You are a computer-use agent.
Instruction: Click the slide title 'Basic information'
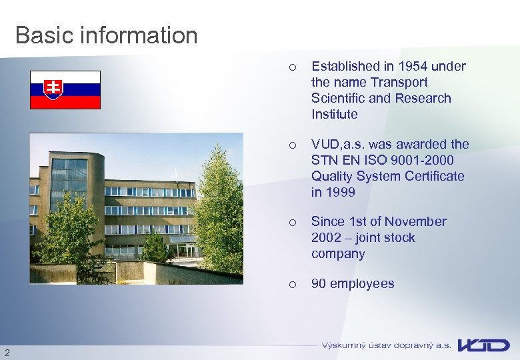(106, 35)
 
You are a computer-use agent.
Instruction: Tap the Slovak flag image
(65, 89)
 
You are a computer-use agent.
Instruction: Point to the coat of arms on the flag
(53, 89)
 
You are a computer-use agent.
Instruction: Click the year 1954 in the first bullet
(413, 66)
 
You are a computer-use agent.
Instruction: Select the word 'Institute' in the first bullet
(334, 114)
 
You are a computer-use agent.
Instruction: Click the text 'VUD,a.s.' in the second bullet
(337, 144)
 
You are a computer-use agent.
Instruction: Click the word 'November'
(417, 221)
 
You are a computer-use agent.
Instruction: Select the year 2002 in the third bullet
(325, 237)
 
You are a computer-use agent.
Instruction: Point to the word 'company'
(338, 253)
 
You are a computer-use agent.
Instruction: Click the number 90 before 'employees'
(319, 283)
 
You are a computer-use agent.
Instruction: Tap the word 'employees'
(362, 283)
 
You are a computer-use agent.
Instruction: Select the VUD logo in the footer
(483, 345)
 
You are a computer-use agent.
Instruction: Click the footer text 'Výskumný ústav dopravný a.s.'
(386, 345)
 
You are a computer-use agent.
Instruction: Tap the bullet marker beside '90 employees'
(291, 284)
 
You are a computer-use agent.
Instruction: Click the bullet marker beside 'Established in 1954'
(291, 67)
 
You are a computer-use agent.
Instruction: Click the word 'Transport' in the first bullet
(399, 82)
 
